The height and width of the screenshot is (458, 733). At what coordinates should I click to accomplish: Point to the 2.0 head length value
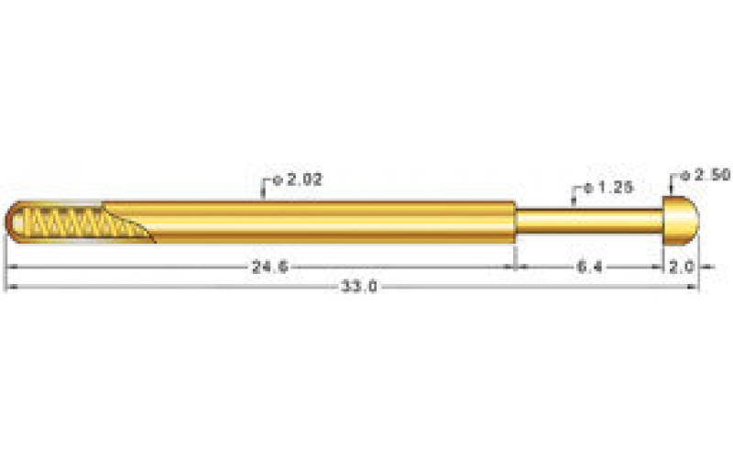[681, 267]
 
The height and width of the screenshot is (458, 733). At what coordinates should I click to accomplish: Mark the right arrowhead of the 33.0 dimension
[695, 287]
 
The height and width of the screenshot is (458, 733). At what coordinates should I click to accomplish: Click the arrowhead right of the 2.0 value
[695, 267]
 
